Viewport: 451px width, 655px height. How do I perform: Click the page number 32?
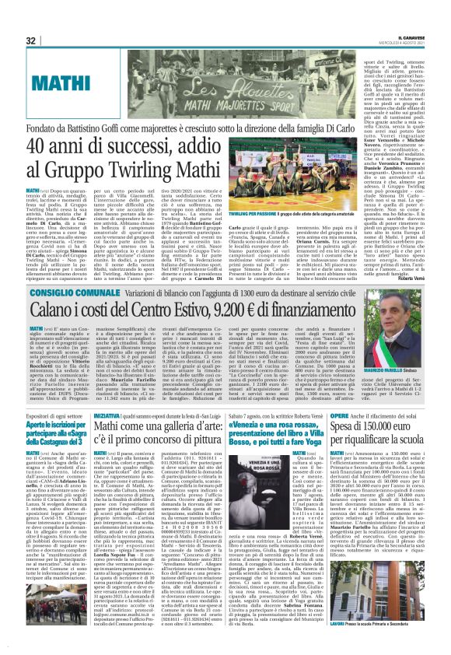coord(30,40)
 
